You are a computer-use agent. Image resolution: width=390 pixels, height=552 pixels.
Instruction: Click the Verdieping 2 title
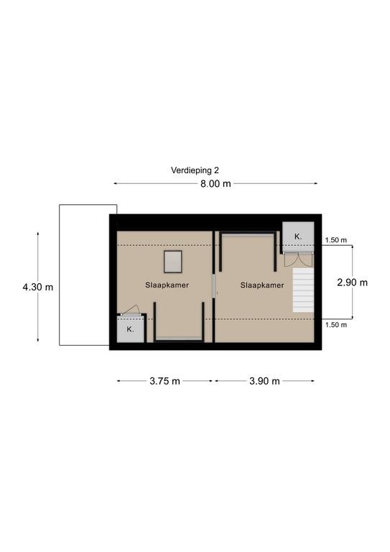(x=195, y=170)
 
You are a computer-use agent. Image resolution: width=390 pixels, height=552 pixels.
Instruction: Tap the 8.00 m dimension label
(x=215, y=183)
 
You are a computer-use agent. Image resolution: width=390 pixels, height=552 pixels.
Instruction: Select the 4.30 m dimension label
(x=38, y=287)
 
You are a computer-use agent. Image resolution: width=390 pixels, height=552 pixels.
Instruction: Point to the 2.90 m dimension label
(x=352, y=282)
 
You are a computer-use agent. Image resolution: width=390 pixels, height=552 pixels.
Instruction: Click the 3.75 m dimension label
(x=164, y=381)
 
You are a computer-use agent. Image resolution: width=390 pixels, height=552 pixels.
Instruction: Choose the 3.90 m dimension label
(x=264, y=381)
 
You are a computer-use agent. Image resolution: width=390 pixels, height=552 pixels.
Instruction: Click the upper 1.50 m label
(x=335, y=240)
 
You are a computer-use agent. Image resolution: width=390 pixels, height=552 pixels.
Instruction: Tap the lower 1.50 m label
(x=336, y=325)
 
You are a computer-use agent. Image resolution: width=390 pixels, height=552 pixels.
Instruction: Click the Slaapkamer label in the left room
(x=167, y=285)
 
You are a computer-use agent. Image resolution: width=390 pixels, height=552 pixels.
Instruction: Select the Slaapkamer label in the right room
(x=262, y=285)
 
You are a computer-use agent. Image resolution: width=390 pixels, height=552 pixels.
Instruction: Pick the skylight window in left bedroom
(x=172, y=262)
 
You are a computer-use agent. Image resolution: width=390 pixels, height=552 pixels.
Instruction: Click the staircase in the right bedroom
(x=303, y=290)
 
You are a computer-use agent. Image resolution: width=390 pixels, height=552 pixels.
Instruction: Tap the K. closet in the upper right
(x=298, y=236)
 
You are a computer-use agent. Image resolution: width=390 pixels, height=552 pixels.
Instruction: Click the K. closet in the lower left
(x=131, y=328)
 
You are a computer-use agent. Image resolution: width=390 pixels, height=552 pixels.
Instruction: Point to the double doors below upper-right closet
(x=298, y=259)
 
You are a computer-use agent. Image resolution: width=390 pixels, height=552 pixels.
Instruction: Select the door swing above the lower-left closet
(x=131, y=310)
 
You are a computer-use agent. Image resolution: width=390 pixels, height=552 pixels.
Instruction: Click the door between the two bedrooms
(x=214, y=285)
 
